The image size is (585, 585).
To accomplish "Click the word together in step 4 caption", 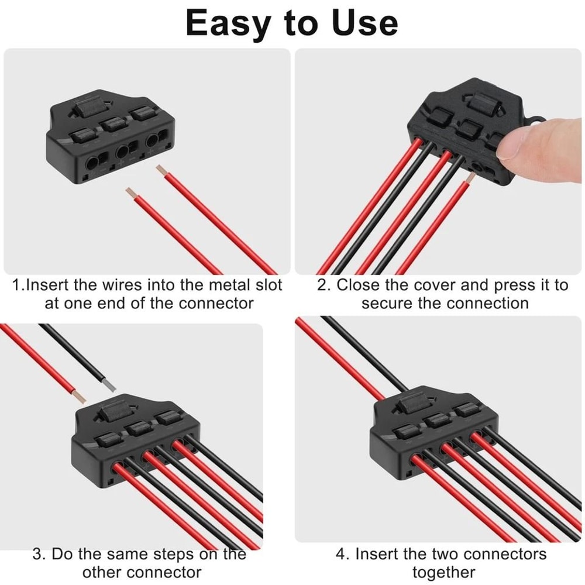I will pos(443,572).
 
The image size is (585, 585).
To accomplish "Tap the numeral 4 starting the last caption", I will pos(341,553).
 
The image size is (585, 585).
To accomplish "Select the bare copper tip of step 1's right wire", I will pos(161,170).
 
